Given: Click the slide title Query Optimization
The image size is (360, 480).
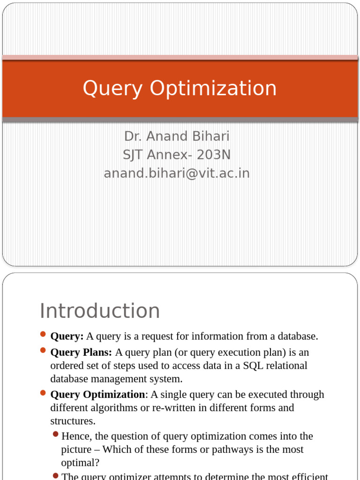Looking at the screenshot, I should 180,89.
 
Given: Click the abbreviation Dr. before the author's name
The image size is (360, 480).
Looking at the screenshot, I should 133,136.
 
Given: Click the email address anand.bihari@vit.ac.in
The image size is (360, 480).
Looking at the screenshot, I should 177,173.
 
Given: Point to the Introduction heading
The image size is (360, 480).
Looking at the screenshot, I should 100,311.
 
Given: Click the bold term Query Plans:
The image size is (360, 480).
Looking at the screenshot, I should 81,352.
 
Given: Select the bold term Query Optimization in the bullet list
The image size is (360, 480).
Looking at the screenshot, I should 97,394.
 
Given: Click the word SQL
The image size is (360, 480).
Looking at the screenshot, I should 253,365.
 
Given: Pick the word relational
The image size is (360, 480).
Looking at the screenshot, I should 286,365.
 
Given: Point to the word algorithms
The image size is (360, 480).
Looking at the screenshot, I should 115,407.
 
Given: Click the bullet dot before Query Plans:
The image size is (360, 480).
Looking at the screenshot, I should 43,350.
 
